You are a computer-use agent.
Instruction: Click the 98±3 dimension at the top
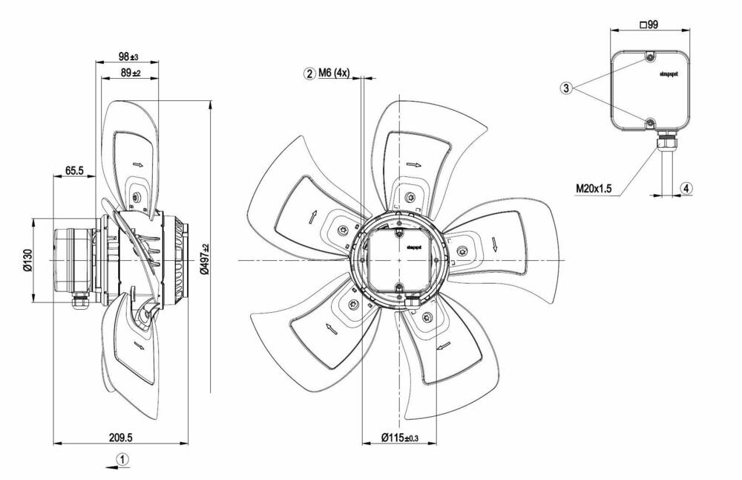click(x=128, y=57)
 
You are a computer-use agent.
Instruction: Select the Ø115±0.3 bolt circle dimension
click(x=399, y=438)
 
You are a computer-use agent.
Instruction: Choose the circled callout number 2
click(x=308, y=73)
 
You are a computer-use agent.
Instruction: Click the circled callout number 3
click(x=566, y=88)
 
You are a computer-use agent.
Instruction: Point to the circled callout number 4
click(x=687, y=188)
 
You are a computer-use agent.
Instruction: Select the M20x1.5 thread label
click(x=594, y=189)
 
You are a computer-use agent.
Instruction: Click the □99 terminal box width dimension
click(x=650, y=24)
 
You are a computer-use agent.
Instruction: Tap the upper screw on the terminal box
click(x=649, y=58)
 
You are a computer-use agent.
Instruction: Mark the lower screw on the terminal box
click(x=649, y=122)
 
